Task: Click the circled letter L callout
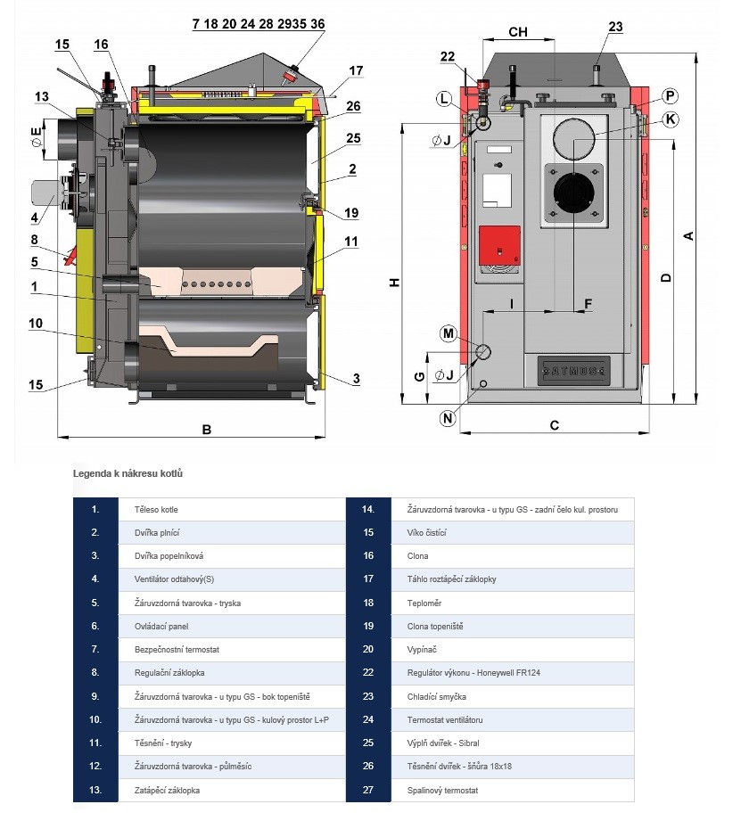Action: point(444,98)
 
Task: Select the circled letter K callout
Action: point(671,119)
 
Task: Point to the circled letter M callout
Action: point(448,333)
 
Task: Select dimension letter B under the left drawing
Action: point(206,430)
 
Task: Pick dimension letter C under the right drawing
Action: point(554,425)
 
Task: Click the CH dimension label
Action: point(518,32)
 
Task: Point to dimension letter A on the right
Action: point(687,235)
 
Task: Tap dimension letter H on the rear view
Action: point(395,282)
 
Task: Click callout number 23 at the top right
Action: point(615,27)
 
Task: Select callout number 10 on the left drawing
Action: point(36,324)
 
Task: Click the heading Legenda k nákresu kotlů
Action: point(132,474)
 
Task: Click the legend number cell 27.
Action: point(367,791)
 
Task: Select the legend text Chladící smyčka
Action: point(431,697)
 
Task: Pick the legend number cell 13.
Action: point(95,791)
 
